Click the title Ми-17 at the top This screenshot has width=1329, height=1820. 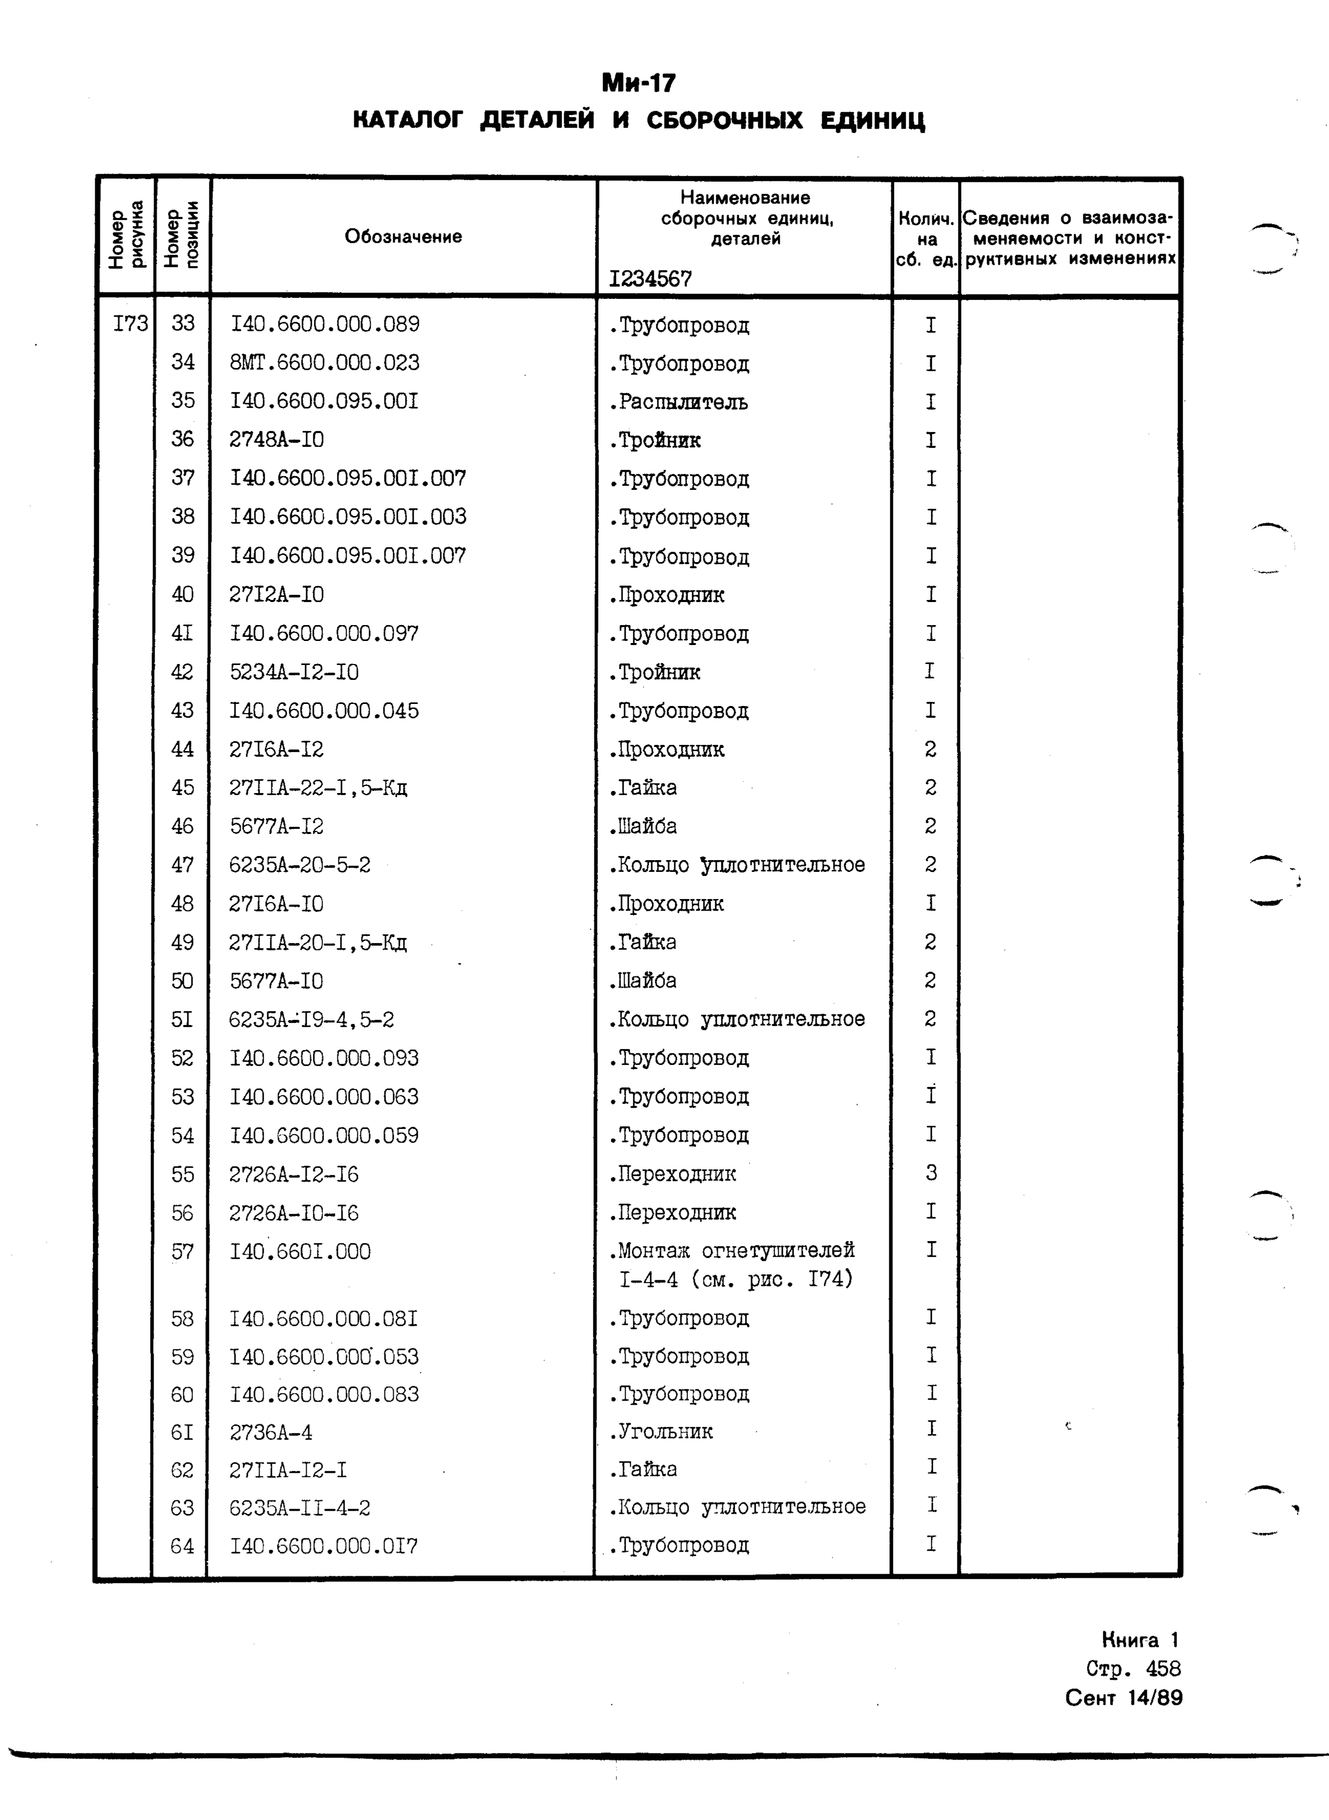(x=639, y=83)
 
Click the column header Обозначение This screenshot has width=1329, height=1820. (x=403, y=237)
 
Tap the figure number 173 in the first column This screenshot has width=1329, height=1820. (x=131, y=324)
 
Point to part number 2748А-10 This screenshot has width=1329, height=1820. (x=277, y=439)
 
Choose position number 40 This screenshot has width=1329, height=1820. (x=183, y=594)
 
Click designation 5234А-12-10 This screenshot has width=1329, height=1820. (x=294, y=672)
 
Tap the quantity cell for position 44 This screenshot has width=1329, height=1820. (x=930, y=749)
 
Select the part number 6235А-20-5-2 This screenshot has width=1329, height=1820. (x=299, y=865)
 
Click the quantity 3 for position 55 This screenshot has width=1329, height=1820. (x=931, y=1173)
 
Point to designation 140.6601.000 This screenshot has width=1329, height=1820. (x=300, y=1251)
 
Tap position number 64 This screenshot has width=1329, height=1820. (x=183, y=1546)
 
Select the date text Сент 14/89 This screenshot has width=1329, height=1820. (x=1123, y=1698)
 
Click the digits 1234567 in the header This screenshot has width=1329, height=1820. (x=650, y=279)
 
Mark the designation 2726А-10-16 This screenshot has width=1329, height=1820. (x=294, y=1212)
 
